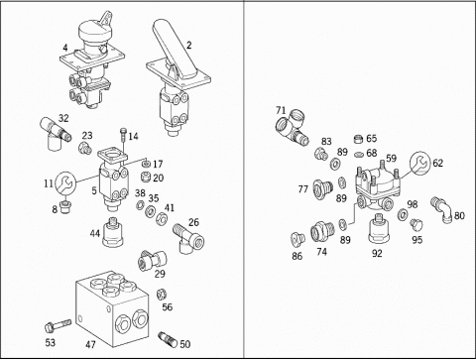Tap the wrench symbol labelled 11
tap(65, 182)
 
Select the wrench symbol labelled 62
tap(420, 163)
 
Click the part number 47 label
tap(90, 344)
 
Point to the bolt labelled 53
tap(58, 325)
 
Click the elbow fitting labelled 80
tap(440, 209)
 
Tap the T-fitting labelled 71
tap(292, 127)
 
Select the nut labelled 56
tap(161, 294)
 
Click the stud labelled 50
tap(168, 338)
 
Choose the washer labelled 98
tap(403, 214)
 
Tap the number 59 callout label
tap(391, 158)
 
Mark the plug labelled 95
tap(416, 225)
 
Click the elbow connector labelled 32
tap(55, 134)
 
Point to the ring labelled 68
tap(359, 155)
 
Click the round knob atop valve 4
tap(93, 33)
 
